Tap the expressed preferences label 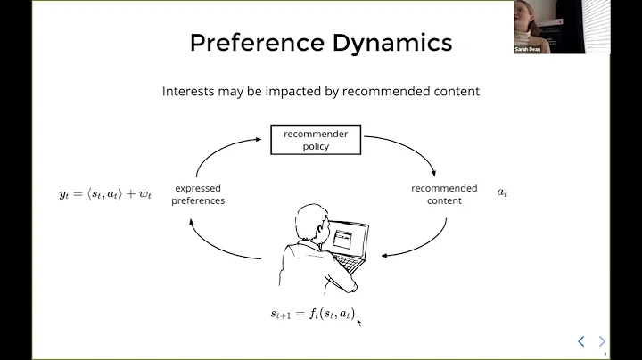(198, 194)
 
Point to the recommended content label (443, 194)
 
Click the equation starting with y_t (105, 193)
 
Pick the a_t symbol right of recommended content (502, 192)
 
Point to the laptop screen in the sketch (343, 239)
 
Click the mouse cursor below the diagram (358, 322)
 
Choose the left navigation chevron (581, 340)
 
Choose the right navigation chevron (602, 340)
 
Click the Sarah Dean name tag (527, 49)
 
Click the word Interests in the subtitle (185, 90)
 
